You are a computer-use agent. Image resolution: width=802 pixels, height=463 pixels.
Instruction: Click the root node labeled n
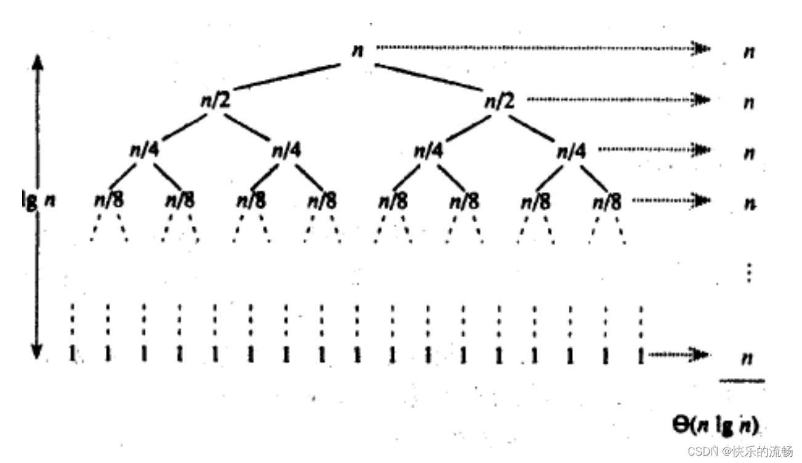point(357,50)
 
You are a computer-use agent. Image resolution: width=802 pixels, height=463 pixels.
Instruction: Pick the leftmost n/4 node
point(144,150)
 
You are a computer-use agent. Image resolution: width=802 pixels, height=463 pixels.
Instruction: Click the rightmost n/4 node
point(571,150)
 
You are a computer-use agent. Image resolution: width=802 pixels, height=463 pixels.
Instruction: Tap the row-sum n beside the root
point(748,52)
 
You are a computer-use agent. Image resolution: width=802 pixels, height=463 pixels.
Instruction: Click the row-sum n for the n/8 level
point(748,203)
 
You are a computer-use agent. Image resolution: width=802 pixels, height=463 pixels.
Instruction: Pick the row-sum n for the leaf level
point(747,358)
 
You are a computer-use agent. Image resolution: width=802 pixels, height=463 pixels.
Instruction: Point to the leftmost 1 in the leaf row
point(73,355)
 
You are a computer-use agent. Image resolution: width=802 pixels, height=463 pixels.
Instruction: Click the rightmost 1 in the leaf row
point(642,355)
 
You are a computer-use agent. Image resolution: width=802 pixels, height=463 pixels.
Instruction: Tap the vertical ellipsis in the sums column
point(748,272)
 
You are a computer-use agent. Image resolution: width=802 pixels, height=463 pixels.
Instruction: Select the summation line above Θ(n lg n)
point(742,381)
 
